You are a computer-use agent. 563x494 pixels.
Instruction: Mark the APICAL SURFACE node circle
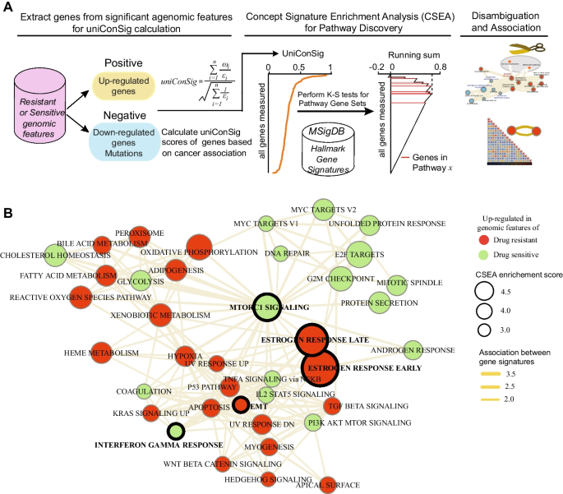tap(327, 486)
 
